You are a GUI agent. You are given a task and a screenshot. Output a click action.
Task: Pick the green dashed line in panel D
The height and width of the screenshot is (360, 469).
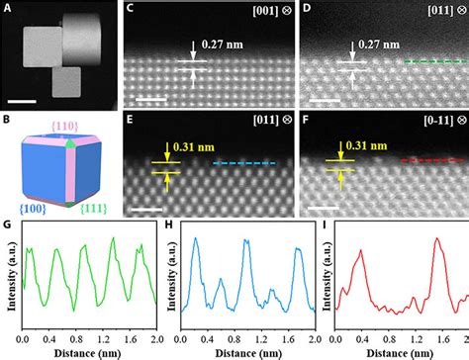(x=434, y=60)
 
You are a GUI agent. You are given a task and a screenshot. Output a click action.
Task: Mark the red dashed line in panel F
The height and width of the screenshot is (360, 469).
(x=431, y=158)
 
